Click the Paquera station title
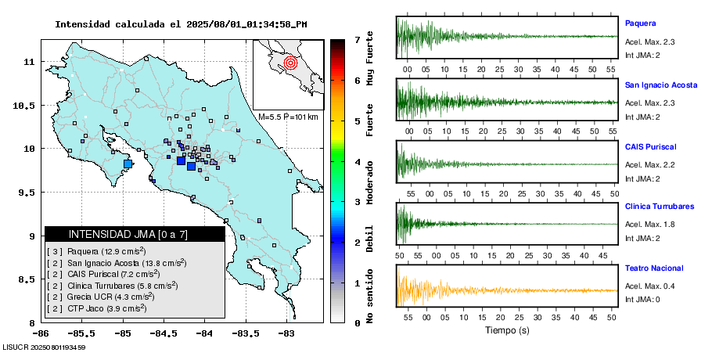[639, 23]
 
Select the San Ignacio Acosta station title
[660, 85]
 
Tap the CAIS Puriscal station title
[650, 146]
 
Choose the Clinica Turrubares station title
[660, 207]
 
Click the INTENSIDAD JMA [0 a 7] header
[135, 234]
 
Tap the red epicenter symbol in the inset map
[290, 62]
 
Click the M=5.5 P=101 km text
[288, 117]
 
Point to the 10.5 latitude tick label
[29, 106]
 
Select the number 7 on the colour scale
[357, 39]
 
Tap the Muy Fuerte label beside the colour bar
[370, 55]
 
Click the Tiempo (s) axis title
[508, 330]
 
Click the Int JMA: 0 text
[642, 299]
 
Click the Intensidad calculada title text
[180, 24]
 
